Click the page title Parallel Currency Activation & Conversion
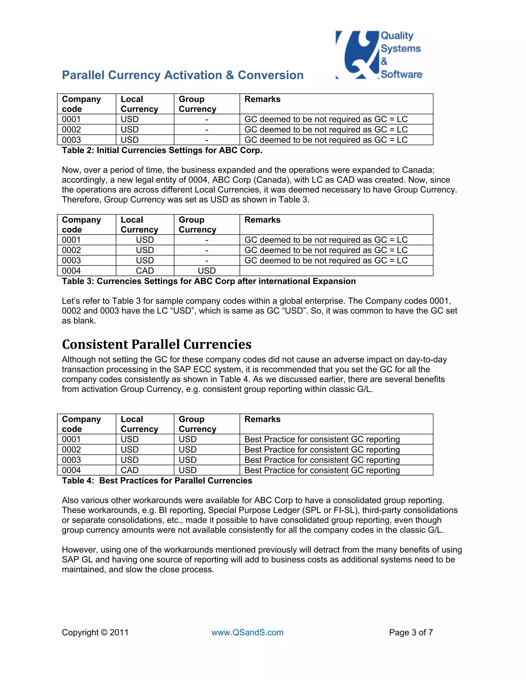click(183, 75)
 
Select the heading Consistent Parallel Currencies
click(156, 344)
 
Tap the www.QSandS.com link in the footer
click(247, 632)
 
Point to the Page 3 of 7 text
click(411, 632)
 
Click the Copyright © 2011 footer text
click(95, 632)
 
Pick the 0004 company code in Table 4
click(71, 470)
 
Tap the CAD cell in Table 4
click(130, 470)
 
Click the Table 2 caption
click(162, 150)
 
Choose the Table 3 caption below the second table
click(209, 281)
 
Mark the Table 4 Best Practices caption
click(157, 480)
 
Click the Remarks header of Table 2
click(262, 99)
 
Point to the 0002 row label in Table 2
click(71, 130)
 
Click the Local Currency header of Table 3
click(139, 225)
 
